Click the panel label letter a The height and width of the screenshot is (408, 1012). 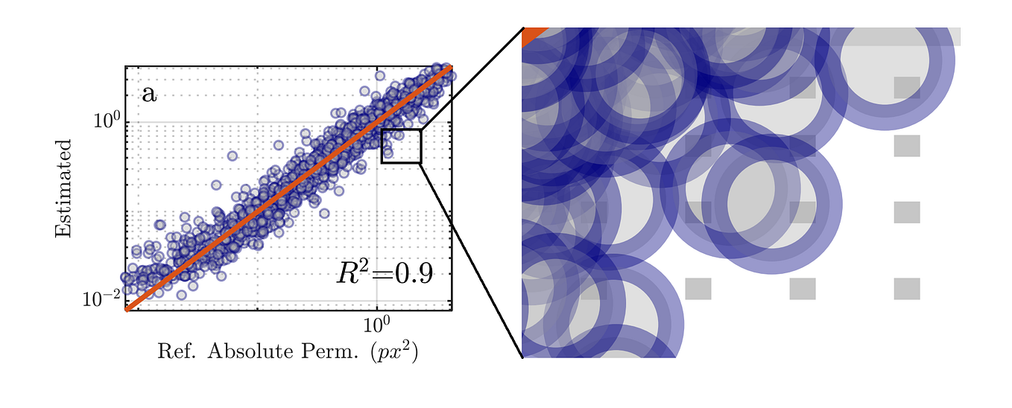tap(149, 95)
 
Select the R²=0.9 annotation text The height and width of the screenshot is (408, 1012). tap(384, 273)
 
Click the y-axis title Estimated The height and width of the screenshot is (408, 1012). tap(63, 188)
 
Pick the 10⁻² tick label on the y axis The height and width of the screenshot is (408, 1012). tap(101, 299)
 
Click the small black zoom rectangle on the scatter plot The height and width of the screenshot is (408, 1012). tap(401, 130)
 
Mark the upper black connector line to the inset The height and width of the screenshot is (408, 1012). tap(471, 79)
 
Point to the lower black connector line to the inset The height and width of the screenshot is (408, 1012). tap(471, 261)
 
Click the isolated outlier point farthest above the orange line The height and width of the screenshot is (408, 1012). tap(232, 156)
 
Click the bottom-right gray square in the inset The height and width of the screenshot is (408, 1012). tap(907, 288)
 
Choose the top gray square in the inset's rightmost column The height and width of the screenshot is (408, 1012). tap(907, 87)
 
